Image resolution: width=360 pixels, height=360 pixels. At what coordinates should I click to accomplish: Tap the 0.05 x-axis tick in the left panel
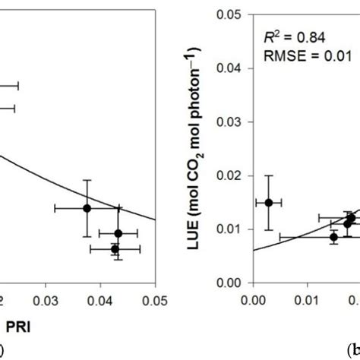[x=154, y=298]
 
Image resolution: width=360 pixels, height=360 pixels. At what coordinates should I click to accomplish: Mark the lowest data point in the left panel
[x=115, y=248]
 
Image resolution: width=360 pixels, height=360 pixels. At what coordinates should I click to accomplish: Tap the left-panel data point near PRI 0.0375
[x=87, y=207]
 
